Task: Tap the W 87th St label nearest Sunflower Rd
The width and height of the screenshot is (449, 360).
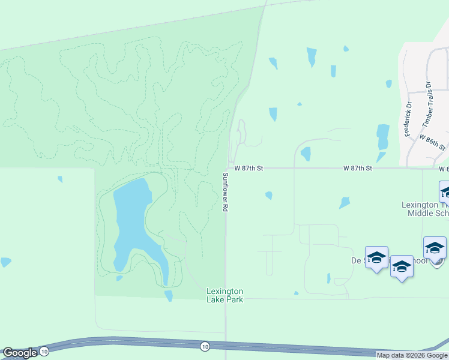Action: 249,169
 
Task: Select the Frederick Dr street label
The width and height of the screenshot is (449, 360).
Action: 408,119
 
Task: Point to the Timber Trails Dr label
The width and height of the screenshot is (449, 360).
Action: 427,105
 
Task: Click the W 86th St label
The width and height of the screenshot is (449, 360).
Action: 433,142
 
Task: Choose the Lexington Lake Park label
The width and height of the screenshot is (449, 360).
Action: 225,295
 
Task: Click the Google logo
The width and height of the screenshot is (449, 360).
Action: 20,353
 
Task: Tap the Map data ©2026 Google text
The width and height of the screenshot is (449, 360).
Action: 412,355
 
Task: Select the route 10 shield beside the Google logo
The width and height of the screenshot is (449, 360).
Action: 45,352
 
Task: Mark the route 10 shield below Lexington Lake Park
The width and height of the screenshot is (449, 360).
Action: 205,346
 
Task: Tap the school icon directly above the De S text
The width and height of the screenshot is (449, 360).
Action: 376,257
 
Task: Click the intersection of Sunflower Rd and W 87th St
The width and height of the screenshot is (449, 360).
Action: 227,169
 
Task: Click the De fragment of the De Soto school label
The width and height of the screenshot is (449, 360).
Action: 356,261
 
